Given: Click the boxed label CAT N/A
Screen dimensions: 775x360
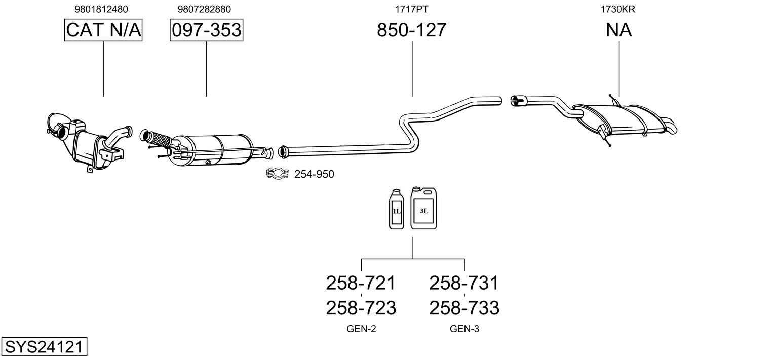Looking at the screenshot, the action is [x=103, y=30].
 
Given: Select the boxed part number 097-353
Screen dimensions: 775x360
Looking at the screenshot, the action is [x=206, y=30].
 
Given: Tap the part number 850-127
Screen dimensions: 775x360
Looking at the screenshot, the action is [x=412, y=30].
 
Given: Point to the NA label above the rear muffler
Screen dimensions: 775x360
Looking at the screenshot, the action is [x=618, y=30].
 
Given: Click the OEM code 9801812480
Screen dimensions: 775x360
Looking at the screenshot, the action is [x=101, y=9].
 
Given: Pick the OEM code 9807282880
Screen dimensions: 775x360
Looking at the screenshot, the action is [x=205, y=9].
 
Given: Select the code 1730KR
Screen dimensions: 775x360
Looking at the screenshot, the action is [x=618, y=9].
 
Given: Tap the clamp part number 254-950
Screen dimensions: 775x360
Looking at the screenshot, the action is [x=314, y=175].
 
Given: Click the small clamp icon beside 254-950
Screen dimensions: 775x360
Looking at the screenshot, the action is [x=277, y=174].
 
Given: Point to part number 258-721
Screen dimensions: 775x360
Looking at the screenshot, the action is [x=361, y=283].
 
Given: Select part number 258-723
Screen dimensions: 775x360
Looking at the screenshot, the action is [x=361, y=307].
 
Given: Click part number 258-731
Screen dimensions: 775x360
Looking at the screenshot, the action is [x=464, y=283].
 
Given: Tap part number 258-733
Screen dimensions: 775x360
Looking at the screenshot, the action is [x=464, y=307].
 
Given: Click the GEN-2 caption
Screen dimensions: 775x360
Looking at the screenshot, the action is [x=361, y=329].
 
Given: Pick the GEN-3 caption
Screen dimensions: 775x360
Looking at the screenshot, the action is [x=464, y=329].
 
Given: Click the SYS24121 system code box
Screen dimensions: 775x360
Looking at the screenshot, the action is [x=44, y=347].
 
